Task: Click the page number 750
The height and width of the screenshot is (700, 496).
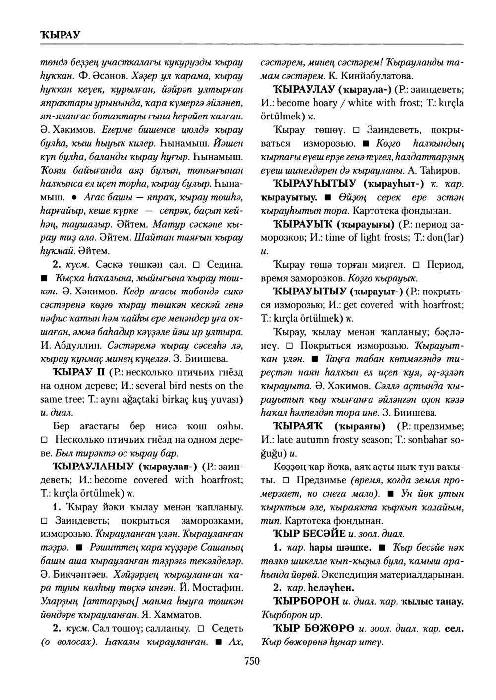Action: [251, 661]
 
